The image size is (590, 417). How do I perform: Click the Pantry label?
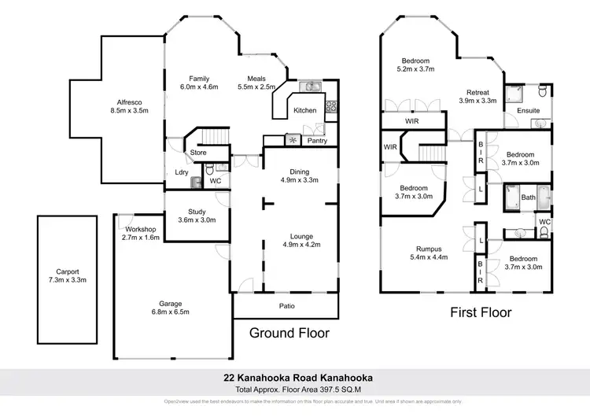tap(317, 141)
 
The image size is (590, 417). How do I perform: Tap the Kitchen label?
tap(304, 110)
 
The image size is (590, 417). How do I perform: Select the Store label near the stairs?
tap(198, 153)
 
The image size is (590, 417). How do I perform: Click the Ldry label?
tap(179, 172)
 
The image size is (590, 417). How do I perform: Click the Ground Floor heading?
tap(289, 333)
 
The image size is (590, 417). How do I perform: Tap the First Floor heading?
tap(481, 312)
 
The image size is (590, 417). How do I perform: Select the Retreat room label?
tap(477, 91)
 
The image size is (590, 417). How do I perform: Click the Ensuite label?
tap(528, 111)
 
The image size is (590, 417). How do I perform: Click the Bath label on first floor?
tap(528, 197)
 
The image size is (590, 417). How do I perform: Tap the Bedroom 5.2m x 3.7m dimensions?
tap(415, 70)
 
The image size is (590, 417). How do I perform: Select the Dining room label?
tap(300, 172)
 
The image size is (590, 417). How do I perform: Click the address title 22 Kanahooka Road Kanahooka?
tap(295, 378)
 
